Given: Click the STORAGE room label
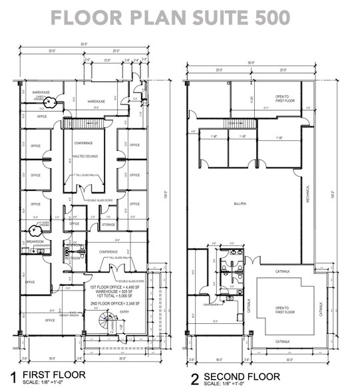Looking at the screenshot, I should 108,225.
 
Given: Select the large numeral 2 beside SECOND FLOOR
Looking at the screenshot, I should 195,379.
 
